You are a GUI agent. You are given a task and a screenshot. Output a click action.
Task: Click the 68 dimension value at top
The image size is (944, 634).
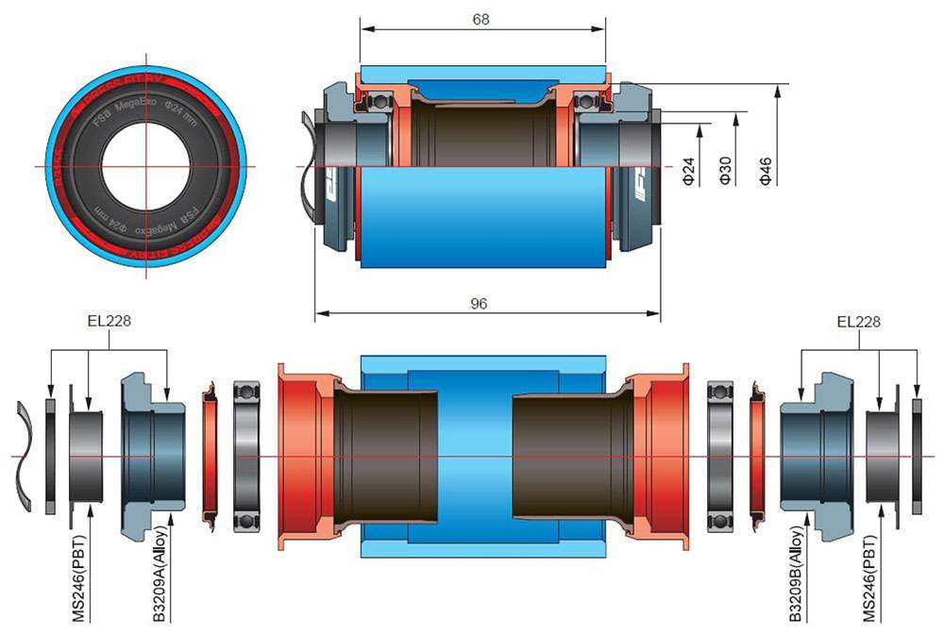pos(481,18)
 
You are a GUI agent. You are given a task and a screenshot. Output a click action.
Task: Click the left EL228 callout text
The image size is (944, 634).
pos(107,322)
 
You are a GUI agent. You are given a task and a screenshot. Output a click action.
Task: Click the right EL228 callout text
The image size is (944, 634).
pos(859,322)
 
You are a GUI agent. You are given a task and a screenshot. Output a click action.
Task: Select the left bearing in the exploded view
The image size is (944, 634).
pos(246,457)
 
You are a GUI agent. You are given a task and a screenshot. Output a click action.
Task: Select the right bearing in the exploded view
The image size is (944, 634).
pos(720,457)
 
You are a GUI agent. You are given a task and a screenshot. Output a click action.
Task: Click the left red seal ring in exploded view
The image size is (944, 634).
pos(211,457)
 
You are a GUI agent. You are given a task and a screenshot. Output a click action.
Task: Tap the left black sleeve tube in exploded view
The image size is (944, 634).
pos(387,457)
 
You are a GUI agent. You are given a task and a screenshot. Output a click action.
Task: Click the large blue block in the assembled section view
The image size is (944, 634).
pos(481,217)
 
